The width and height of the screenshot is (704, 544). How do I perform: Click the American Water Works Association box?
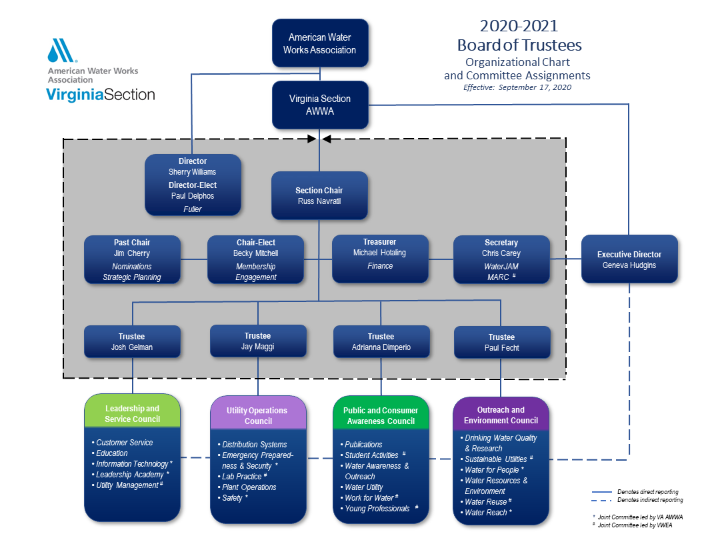319,44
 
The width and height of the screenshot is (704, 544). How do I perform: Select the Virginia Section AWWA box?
320,105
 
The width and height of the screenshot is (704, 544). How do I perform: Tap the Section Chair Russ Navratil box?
319,195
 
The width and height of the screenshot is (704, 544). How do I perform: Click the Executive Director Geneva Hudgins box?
629,259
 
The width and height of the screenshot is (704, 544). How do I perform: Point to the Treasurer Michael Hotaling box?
380,259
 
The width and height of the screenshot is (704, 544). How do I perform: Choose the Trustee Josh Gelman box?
132,342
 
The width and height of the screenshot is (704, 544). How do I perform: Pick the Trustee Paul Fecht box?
501,342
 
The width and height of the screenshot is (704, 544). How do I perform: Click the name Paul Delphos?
193,196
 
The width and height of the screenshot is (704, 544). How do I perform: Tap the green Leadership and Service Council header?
132,413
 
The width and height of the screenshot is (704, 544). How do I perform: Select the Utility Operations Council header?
258,415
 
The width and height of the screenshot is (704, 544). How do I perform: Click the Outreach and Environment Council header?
501,415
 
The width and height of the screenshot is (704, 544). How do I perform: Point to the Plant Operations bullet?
249,487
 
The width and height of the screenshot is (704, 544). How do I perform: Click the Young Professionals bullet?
377,509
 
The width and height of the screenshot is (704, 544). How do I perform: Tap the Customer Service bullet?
125,443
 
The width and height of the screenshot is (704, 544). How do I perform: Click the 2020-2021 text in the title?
519,26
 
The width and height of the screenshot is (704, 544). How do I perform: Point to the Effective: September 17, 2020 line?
517,87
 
